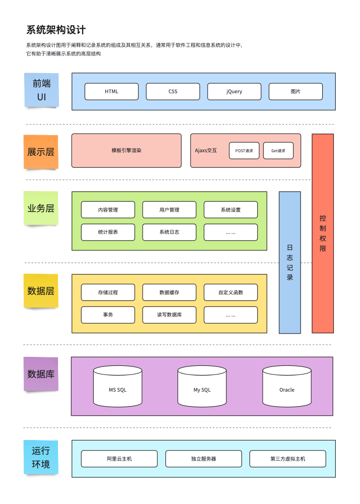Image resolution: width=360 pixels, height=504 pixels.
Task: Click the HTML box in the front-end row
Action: click(111, 92)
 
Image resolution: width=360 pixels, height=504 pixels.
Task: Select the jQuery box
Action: click(234, 92)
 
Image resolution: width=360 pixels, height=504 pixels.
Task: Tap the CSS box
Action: click(173, 92)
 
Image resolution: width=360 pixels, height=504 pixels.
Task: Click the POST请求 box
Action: click(244, 151)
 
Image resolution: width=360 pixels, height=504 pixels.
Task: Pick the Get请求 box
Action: click(278, 151)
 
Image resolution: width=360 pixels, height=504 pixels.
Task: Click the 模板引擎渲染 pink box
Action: click(126, 150)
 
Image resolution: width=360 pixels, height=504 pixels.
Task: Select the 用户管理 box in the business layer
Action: click(169, 210)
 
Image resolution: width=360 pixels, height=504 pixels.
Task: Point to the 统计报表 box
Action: click(108, 232)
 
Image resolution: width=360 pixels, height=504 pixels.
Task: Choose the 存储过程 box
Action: click(108, 292)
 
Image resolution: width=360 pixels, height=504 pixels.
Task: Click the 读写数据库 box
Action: click(169, 315)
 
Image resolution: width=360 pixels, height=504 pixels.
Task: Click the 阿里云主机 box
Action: click(119, 459)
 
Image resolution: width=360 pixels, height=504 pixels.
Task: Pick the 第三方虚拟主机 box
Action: click(287, 459)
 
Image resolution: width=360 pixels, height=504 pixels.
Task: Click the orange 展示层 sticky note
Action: click(41, 152)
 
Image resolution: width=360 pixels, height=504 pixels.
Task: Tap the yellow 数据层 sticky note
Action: click(41, 291)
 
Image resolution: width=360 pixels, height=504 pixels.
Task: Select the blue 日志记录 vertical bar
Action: click(290, 263)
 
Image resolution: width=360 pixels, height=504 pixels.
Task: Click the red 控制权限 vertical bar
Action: click(323, 233)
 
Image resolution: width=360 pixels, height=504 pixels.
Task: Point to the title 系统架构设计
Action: click(56, 30)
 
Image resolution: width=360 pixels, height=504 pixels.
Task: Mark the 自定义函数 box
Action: click(230, 292)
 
